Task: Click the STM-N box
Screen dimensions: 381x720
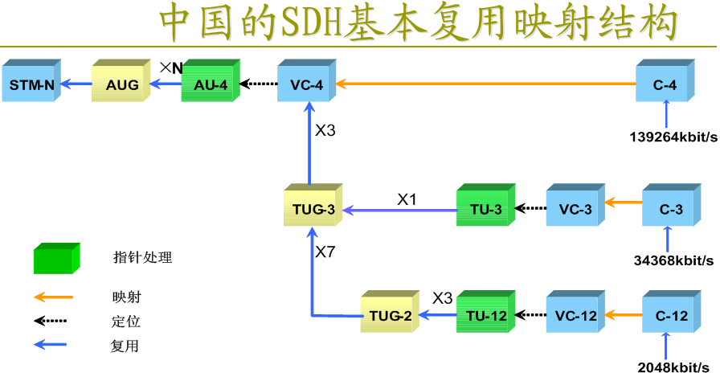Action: pos(31,84)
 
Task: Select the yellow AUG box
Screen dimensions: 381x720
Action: pos(121,84)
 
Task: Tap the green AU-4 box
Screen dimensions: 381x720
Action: pos(210,84)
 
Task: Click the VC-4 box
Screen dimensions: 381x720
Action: pos(305,84)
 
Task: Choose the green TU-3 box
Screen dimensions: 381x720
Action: pos(485,209)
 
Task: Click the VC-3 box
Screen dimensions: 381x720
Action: pos(575,209)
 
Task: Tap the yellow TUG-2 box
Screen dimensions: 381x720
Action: pos(390,315)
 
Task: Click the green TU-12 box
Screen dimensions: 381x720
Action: pos(485,315)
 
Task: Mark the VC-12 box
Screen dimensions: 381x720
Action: pos(575,315)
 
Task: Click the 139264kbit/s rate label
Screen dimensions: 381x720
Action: pos(673,136)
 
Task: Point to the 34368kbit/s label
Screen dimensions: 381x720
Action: pos(673,260)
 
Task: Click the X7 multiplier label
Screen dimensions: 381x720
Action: pos(325,252)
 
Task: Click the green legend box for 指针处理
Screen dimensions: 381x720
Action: pos(57,259)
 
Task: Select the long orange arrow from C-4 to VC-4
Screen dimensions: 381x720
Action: pos(482,83)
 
